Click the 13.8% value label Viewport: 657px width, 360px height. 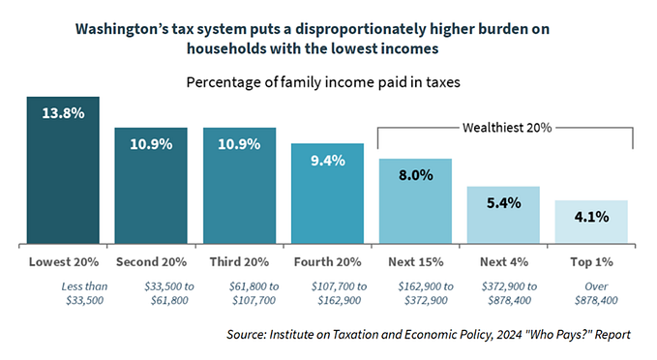coord(63,113)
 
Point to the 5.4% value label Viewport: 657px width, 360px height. coord(503,203)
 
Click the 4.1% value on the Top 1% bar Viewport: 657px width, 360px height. coord(590,217)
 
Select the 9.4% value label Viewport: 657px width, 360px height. coord(327,161)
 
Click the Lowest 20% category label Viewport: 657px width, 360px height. coord(63,262)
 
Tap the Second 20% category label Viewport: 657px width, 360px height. coord(151,262)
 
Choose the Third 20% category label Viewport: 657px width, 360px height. coord(239,262)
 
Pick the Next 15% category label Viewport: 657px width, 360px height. coord(415,262)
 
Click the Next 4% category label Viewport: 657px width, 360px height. coord(503,262)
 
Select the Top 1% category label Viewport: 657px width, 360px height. coord(590,262)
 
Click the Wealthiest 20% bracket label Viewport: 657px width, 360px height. coord(503,127)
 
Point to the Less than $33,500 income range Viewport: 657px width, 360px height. coord(63,292)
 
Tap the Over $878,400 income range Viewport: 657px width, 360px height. coord(590,292)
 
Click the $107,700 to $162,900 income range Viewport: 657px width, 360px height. coord(327,292)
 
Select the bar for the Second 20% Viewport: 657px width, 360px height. coord(151,189)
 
